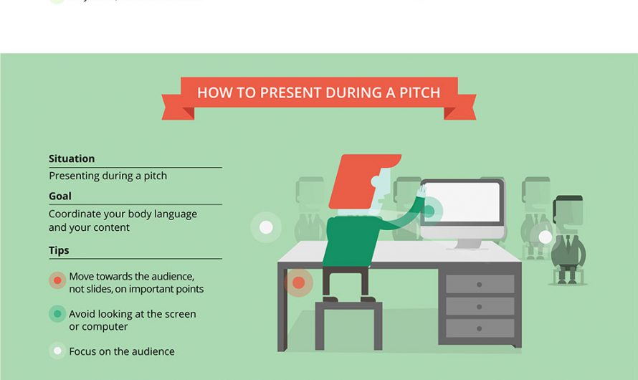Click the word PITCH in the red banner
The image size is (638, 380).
coord(415,92)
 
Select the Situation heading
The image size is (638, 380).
coord(72,158)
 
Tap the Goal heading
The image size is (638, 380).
coord(60,196)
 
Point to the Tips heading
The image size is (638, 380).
coord(59,250)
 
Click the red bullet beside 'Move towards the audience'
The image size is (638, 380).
coord(57,280)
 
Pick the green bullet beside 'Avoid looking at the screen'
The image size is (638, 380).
coord(57,314)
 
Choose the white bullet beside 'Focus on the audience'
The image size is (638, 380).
coord(57,351)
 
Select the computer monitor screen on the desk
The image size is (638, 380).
coord(462,202)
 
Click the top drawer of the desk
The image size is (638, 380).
coord(480,284)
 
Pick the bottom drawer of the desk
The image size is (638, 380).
coord(480,328)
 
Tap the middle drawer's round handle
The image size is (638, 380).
coord(480,306)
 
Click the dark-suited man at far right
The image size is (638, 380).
coord(568,240)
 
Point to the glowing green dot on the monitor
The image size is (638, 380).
coord(431,211)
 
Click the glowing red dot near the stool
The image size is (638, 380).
coord(298,282)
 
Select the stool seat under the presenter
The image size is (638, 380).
coord(348,307)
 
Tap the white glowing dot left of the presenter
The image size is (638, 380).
coord(266,227)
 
